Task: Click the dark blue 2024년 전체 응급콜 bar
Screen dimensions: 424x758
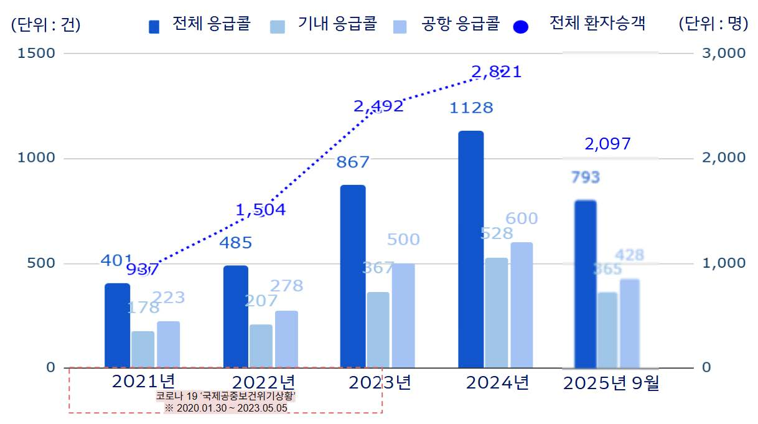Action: click(470, 249)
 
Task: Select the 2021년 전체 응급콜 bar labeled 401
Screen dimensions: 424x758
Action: click(117, 325)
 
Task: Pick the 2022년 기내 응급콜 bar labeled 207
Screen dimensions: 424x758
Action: click(261, 346)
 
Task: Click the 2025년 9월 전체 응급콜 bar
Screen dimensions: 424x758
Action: click(585, 283)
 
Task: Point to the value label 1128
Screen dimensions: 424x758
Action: click(470, 108)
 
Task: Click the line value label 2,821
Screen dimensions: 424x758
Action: click(496, 72)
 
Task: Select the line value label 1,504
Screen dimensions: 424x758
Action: click(261, 210)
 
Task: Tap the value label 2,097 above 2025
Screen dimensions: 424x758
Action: click(607, 144)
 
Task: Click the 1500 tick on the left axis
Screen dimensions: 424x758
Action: click(37, 53)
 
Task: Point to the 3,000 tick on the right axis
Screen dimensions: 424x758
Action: click(723, 53)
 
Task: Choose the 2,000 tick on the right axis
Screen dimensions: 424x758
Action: click(723, 158)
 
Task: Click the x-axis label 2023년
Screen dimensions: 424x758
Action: click(380, 382)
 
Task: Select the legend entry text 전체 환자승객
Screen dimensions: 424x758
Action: click(597, 24)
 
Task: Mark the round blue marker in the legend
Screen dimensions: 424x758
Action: click(521, 27)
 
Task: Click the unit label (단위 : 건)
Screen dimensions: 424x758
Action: click(45, 25)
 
